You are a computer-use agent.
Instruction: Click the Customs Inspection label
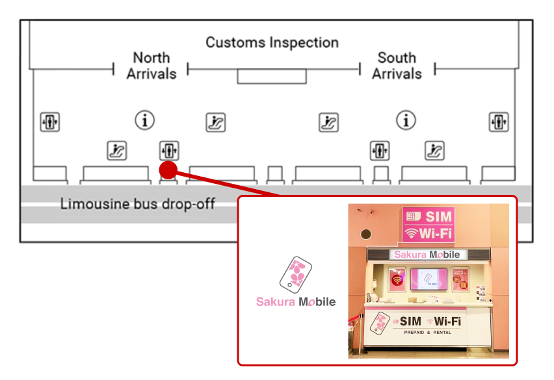click(272, 43)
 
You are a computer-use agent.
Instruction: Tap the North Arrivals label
click(152, 66)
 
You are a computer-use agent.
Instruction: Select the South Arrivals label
click(397, 66)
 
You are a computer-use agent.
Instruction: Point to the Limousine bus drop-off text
click(137, 204)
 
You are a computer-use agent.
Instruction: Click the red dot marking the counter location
click(168, 170)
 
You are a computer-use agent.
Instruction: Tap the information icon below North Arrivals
click(145, 120)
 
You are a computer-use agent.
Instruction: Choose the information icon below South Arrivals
click(406, 120)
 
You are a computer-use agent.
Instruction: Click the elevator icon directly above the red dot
click(169, 151)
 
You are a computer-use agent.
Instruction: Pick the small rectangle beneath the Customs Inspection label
click(271, 76)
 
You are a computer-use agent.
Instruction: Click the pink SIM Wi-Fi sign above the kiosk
click(428, 224)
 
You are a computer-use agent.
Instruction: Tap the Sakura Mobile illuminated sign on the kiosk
click(429, 255)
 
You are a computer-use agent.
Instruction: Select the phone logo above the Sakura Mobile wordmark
click(296, 275)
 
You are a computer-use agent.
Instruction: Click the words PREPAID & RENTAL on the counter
click(427, 333)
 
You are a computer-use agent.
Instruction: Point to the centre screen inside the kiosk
click(429, 279)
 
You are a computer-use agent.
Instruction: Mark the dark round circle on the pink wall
click(366, 234)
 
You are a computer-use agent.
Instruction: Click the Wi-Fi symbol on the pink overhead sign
click(411, 233)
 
